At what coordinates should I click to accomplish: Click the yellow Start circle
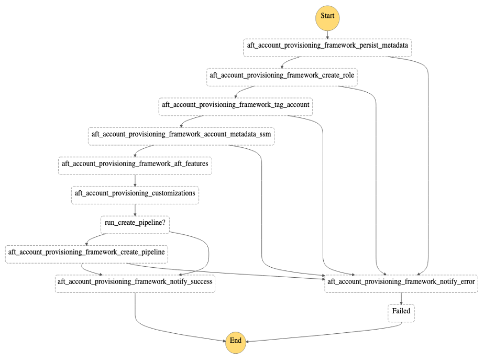pyautogui.click(x=327, y=16)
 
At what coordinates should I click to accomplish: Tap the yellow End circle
pyautogui.click(x=236, y=341)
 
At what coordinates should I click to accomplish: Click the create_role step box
pyautogui.click(x=282, y=76)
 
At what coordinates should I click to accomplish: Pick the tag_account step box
pyautogui.click(x=236, y=105)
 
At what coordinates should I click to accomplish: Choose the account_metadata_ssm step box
pyautogui.click(x=181, y=135)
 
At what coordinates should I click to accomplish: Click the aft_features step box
pyautogui.click(x=135, y=164)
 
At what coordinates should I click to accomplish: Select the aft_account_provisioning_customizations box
pyautogui.click(x=135, y=194)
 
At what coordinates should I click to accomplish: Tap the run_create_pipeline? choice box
pyautogui.click(x=135, y=223)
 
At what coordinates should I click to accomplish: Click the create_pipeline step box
pyautogui.click(x=86, y=253)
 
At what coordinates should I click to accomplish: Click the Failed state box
pyautogui.click(x=401, y=312)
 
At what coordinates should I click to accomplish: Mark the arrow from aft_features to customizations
pyautogui.click(x=135, y=179)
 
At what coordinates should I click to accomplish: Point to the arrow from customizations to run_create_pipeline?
pyautogui.click(x=135, y=209)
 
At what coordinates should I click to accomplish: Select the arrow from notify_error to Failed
pyautogui.click(x=401, y=297)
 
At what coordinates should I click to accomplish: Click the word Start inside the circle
pyautogui.click(x=327, y=16)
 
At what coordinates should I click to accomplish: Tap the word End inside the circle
pyautogui.click(x=236, y=341)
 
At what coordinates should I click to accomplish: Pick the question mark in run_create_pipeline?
pyautogui.click(x=163, y=223)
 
